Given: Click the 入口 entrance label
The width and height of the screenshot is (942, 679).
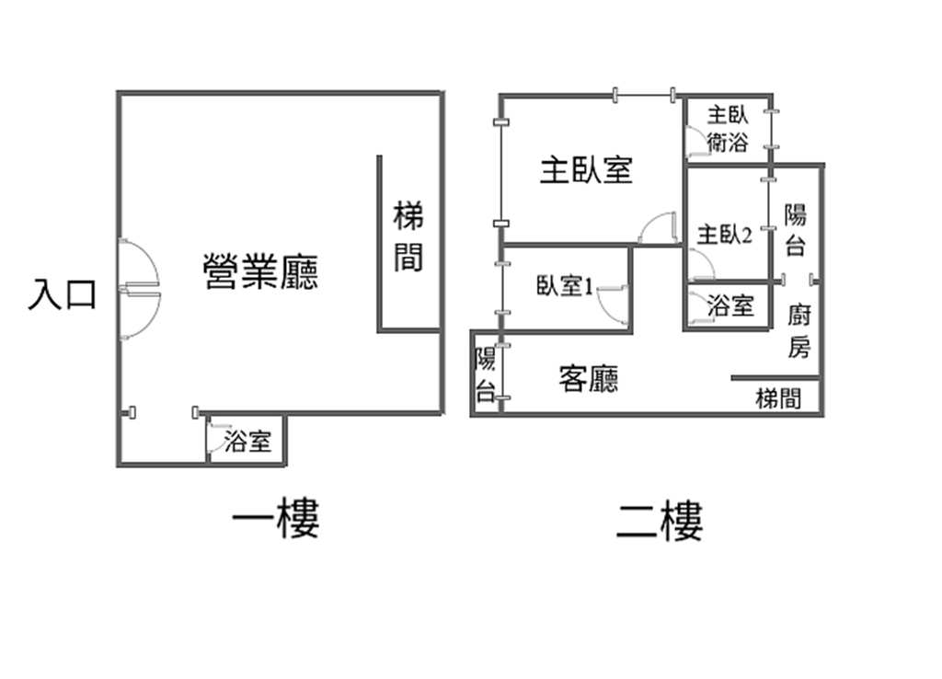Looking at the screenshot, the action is coord(63,295).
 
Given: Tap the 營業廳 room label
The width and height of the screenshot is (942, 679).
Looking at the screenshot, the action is coord(260,271).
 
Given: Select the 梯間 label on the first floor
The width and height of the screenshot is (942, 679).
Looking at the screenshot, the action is coord(408,236).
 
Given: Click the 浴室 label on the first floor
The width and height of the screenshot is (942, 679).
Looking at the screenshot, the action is coord(248,442).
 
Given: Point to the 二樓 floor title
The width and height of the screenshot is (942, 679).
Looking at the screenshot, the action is coord(660,521).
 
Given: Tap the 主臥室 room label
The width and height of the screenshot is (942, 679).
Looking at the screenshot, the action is coord(586,170).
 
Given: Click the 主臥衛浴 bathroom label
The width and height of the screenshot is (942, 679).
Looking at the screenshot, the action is coord(728,128).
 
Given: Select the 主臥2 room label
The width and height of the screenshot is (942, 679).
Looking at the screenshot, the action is coord(725,235).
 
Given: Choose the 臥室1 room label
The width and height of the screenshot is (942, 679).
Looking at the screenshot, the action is coord(565,286).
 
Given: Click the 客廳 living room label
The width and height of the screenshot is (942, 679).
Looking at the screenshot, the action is coord(589,378).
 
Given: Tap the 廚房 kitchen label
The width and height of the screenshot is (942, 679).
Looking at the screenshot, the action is coord(799,330).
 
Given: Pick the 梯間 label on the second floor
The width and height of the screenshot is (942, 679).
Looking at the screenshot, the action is coord(778,397).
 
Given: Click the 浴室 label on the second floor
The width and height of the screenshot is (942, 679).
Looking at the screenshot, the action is coord(730,305).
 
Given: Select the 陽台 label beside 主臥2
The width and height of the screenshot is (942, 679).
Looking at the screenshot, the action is coord(796,229).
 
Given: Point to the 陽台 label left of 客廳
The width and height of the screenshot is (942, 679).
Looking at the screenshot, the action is coord(486,374).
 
